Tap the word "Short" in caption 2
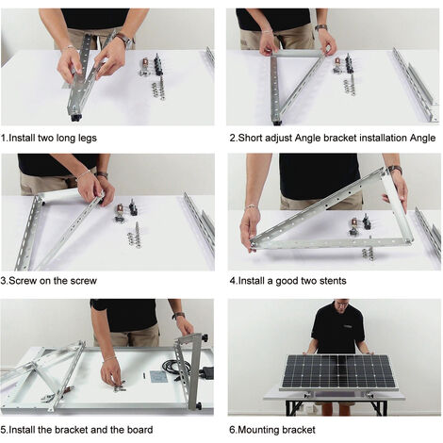(251, 138)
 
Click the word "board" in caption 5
(140, 430)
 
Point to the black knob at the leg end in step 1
(75, 118)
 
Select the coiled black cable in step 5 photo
(176, 367)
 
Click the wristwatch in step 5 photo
(178, 315)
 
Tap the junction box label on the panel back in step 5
(157, 377)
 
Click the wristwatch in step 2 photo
(320, 27)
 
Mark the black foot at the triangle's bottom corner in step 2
(276, 123)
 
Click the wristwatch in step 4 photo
(396, 170)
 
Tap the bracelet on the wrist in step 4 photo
(251, 206)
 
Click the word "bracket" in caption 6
(299, 430)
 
